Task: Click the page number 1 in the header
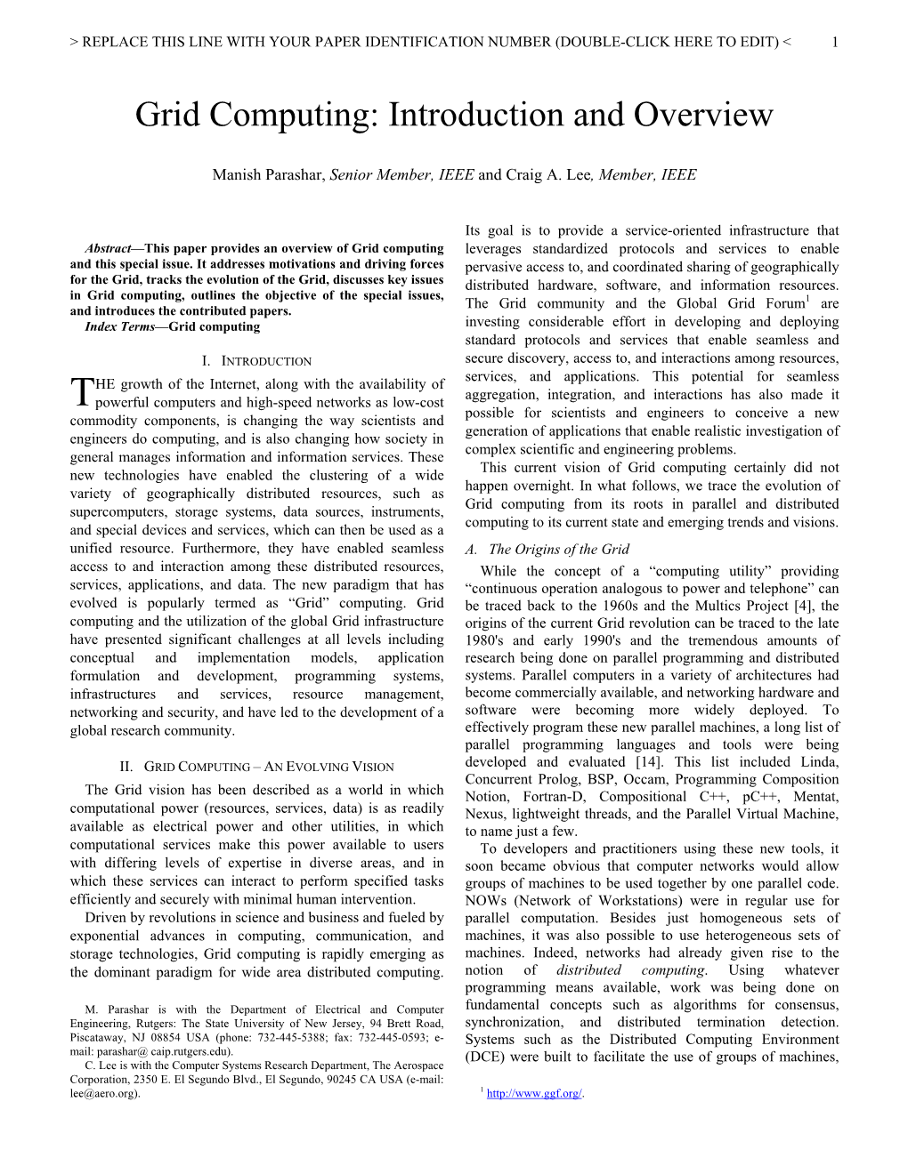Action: click(x=834, y=42)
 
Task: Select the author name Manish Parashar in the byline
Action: click(x=269, y=175)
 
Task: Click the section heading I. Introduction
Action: click(x=256, y=361)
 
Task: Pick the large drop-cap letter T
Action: click(x=81, y=393)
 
